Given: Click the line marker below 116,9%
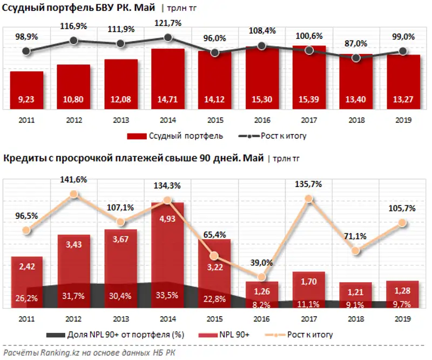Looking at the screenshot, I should tap(73, 41).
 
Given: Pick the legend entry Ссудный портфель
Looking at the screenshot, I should tap(175, 136).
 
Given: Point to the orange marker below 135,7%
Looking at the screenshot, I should tap(308, 199).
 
